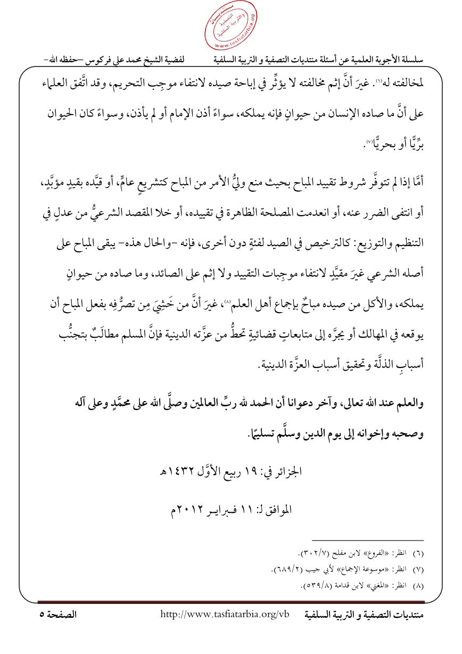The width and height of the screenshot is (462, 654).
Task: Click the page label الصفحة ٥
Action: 59,615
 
